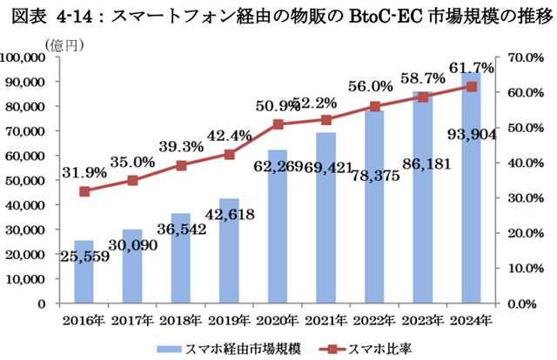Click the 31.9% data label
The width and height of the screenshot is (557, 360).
84,172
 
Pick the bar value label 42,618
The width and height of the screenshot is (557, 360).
230,215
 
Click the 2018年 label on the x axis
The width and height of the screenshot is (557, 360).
181,320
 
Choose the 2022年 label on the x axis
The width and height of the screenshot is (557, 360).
374,320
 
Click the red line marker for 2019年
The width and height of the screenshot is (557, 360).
229,155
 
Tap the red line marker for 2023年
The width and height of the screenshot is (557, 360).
423,97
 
